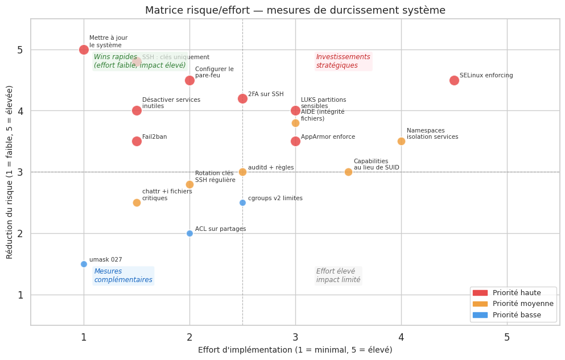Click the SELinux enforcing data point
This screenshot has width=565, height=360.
coord(454,80)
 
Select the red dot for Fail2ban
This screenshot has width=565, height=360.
coord(137,141)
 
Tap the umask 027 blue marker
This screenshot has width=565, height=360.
coord(84,264)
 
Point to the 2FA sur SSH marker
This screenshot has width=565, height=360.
coord(242,98)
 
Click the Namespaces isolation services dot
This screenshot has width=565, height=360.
coord(401,141)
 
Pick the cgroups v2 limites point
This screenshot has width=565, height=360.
coord(242,202)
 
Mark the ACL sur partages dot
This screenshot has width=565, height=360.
coord(189,233)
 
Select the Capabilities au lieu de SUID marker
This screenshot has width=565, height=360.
coord(348,172)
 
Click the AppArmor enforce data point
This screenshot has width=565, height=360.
coord(295,141)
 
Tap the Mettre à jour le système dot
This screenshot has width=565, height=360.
coord(84,49)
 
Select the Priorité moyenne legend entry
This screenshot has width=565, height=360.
coord(512,304)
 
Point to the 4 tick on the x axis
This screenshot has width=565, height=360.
coord(401,337)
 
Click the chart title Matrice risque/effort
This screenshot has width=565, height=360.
coord(295,10)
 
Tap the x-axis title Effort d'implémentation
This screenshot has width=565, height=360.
coord(295,350)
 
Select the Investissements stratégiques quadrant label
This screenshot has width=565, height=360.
coord(343,61)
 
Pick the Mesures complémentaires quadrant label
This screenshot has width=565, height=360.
coord(123,276)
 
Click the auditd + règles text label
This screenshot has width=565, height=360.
coord(271,168)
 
